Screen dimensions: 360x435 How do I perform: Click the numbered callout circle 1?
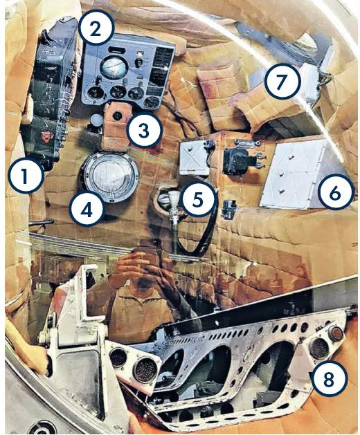(26, 176)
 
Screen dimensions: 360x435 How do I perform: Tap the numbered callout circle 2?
(96, 27)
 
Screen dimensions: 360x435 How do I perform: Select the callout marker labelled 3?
(144, 131)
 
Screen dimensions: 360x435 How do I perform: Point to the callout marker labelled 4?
(87, 209)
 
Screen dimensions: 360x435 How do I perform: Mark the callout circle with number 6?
(335, 192)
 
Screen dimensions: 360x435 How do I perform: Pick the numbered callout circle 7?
(282, 81)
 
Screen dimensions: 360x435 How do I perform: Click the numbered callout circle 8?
(329, 379)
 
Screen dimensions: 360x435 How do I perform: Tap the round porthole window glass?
(111, 177)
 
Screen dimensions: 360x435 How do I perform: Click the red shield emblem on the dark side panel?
(46, 136)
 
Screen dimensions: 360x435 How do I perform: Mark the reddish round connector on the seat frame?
(335, 333)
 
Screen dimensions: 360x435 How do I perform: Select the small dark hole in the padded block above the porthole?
(118, 115)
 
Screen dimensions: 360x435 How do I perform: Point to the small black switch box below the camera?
(230, 209)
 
